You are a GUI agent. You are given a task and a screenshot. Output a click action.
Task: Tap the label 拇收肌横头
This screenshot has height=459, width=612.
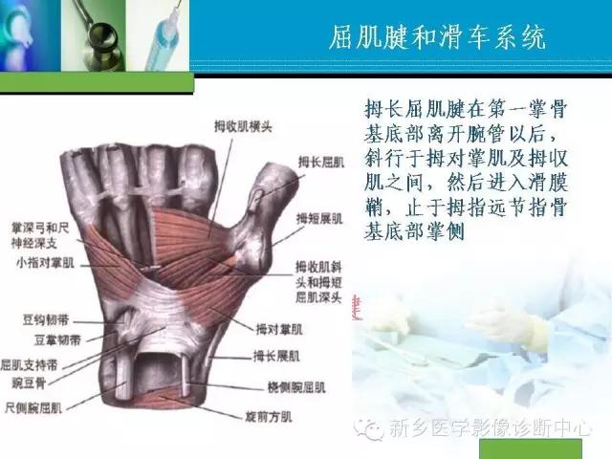[235, 123]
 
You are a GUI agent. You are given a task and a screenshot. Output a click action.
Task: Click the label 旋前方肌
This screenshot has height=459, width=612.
[263, 416]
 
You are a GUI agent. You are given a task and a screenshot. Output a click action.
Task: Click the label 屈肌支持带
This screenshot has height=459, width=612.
[28, 364]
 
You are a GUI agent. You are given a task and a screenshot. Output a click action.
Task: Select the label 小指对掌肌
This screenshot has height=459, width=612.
[35, 267]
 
